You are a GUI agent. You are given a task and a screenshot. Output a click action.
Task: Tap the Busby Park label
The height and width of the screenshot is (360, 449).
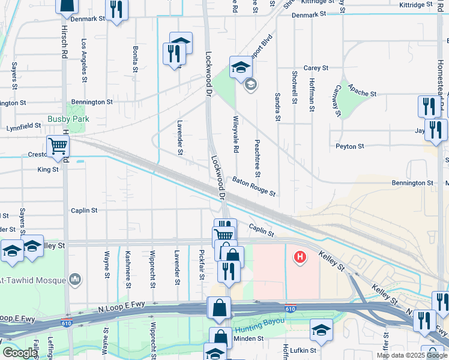coord(69,119)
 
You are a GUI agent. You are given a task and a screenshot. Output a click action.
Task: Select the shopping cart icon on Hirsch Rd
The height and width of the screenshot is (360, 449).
coord(58,146)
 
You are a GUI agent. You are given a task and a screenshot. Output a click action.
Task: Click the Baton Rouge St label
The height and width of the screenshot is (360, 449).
coord(254,187)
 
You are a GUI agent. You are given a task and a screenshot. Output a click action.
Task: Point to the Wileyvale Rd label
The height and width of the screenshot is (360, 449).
coord(236,133)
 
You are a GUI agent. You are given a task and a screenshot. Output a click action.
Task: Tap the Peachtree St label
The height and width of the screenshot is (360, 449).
coord(258,157)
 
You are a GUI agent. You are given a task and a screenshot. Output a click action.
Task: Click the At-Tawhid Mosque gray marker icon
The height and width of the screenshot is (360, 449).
coord(75,280)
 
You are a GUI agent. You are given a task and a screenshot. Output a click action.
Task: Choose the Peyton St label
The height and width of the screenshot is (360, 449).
coord(350,146)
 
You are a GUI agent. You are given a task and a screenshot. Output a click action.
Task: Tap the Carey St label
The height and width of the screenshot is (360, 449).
coord(316,68)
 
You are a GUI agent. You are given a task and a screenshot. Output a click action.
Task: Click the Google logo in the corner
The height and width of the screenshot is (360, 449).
coord(20,353)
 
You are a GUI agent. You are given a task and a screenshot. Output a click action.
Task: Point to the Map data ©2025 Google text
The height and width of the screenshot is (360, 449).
coord(412,355)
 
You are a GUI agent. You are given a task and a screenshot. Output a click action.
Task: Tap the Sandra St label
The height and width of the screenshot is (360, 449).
coord(278,106)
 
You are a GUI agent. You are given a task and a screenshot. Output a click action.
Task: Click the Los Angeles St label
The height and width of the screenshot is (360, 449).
coord(83,61)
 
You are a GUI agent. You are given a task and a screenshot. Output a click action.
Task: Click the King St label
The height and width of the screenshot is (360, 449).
coord(48,170)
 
